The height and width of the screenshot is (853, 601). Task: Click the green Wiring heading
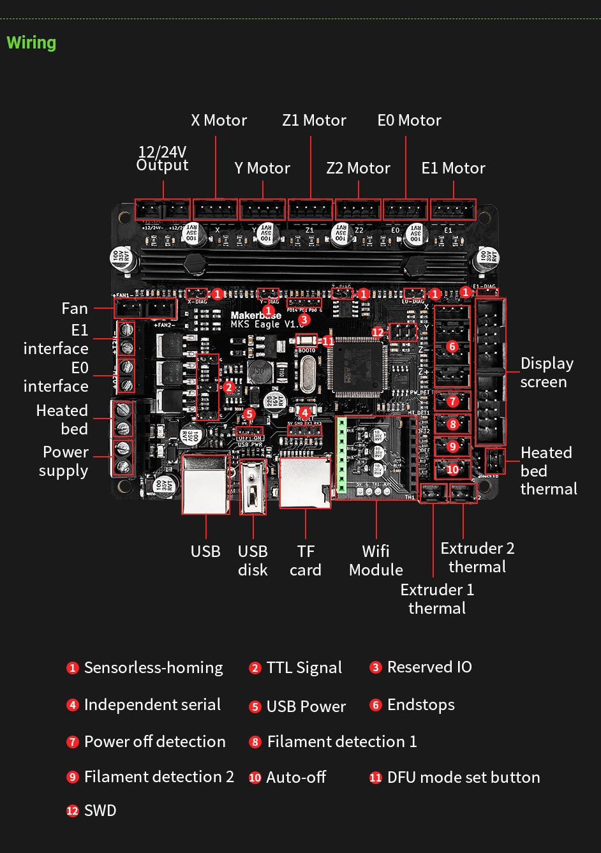pyautogui.click(x=31, y=43)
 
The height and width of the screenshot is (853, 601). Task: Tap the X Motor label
pyautogui.click(x=219, y=120)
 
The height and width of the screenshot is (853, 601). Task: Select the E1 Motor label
pyautogui.click(x=453, y=168)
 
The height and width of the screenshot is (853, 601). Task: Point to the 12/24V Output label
pyautogui.click(x=162, y=158)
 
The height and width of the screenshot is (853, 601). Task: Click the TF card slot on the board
pyautogui.click(x=305, y=482)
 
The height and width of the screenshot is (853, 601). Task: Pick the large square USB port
pyautogui.click(x=205, y=484)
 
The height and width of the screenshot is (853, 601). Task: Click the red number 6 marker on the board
pyautogui.click(x=452, y=346)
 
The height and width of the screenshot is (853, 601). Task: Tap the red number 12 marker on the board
pyautogui.click(x=378, y=332)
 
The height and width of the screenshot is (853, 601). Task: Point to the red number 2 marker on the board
pyautogui.click(x=228, y=387)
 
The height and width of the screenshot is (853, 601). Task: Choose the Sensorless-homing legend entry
pyautogui.click(x=153, y=667)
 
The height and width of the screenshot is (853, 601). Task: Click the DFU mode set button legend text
pyautogui.click(x=463, y=777)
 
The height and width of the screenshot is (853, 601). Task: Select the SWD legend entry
pyautogui.click(x=100, y=810)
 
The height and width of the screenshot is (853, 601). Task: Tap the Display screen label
pyautogui.click(x=547, y=372)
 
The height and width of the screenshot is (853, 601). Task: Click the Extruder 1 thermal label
pyautogui.click(x=437, y=598)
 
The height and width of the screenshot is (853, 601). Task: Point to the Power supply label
pyautogui.click(x=64, y=461)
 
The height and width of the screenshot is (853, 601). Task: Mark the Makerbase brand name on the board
pyautogui.click(x=255, y=315)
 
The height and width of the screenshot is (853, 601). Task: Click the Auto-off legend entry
pyautogui.click(x=295, y=777)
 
